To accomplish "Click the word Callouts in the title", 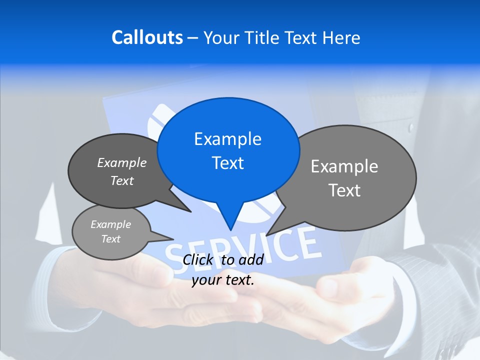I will pos(147,37).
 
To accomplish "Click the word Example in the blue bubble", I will pos(227,139).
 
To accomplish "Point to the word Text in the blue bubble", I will pos(227,163).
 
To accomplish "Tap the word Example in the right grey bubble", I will pos(344,166).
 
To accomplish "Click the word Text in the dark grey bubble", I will pos(122,181).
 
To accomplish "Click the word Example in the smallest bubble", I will pos(110,224).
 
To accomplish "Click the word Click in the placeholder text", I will pos(197,259).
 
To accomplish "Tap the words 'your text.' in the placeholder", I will pos(223,280).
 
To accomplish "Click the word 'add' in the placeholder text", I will pos(251,259).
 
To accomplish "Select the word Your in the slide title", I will pos(220,37).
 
